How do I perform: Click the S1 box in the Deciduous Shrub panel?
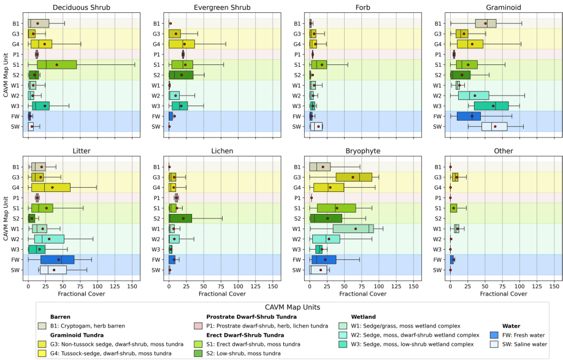click(57, 64)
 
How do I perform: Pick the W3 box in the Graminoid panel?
click(491, 106)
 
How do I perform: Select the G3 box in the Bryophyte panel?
click(354, 177)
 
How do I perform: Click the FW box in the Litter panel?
click(57, 259)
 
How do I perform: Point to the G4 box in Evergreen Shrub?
click(182, 44)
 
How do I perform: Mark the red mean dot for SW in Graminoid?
click(495, 127)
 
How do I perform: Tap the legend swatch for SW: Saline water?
click(495, 345)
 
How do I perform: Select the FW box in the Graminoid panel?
click(469, 117)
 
